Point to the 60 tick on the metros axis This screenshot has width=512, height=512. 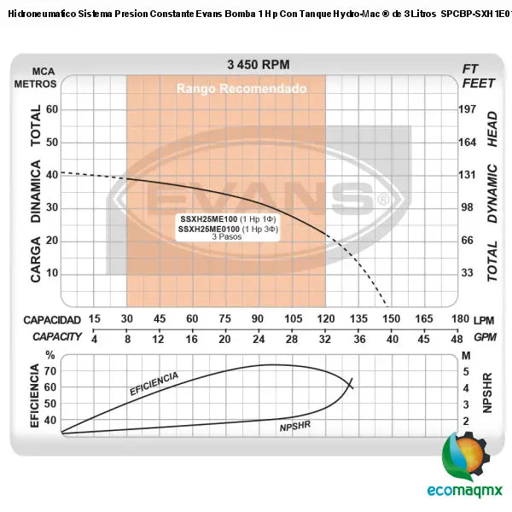coord(51,109)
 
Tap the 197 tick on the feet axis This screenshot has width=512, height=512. coord(467,109)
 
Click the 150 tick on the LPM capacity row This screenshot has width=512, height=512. coord(391,319)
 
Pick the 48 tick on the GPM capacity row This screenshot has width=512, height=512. coord(458,338)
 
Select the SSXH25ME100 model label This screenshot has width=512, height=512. coord(209,220)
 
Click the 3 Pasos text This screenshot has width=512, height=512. coord(227,236)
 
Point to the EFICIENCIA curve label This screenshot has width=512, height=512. coord(154,383)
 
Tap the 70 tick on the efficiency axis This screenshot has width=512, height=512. coord(50,370)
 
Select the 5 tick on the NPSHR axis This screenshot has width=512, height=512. coord(465,371)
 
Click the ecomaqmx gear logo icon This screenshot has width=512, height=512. coord(465,457)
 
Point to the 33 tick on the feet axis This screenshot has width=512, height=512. coord(467,274)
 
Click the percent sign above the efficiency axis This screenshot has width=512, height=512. coord(50,355)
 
